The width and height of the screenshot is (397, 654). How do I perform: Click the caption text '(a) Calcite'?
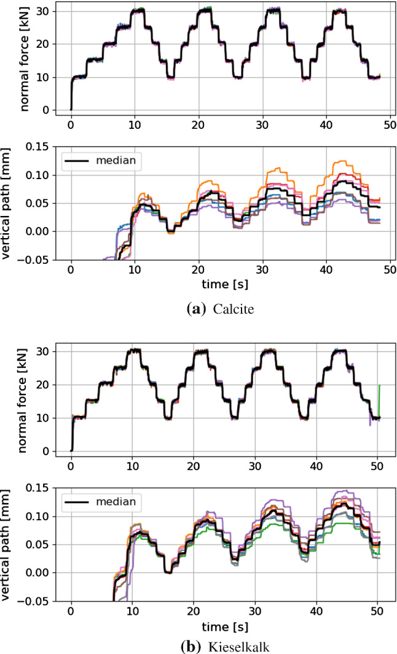198,310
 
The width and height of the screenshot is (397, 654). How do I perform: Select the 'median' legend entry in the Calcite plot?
117,161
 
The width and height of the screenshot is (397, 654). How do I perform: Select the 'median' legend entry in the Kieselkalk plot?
117,502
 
